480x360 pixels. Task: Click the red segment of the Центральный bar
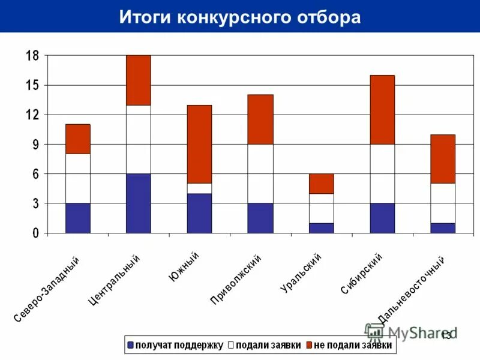point(139,80)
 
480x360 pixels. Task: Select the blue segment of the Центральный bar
point(139,203)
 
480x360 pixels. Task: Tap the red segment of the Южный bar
point(199,144)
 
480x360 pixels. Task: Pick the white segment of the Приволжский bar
point(260,173)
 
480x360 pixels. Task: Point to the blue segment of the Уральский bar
point(322,228)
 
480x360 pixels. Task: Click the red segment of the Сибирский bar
point(382,109)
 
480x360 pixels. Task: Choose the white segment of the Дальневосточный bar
point(443,203)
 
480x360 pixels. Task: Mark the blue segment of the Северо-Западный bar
point(78,218)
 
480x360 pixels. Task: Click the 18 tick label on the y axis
point(31,56)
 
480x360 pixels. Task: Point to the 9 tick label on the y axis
point(35,145)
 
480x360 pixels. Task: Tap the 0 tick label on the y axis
point(35,233)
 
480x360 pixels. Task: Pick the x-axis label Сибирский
point(362,274)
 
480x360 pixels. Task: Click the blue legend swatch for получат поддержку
point(130,345)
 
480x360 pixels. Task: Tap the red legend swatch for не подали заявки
point(309,345)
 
